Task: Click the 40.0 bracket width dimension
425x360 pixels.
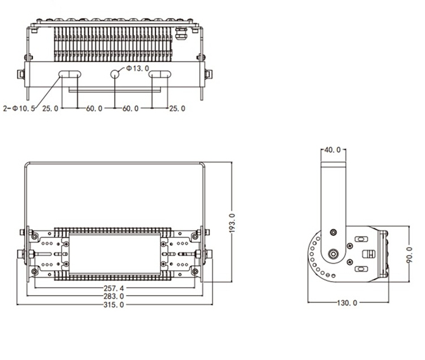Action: [333, 150]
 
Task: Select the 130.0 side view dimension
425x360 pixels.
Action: [348, 303]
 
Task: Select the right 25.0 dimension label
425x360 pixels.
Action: [177, 108]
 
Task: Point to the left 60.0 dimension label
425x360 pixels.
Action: [94, 108]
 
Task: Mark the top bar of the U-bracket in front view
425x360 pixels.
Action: [115, 164]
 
